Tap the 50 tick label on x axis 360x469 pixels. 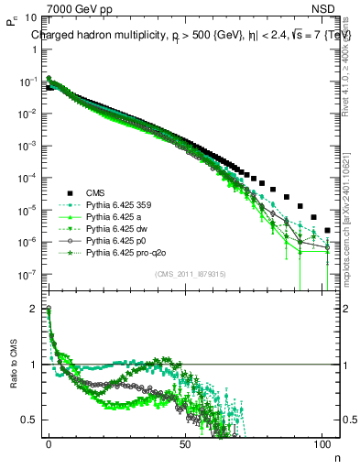tap(186, 442)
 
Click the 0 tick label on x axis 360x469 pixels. tap(49, 442)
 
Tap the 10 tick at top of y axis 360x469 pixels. tap(31, 17)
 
